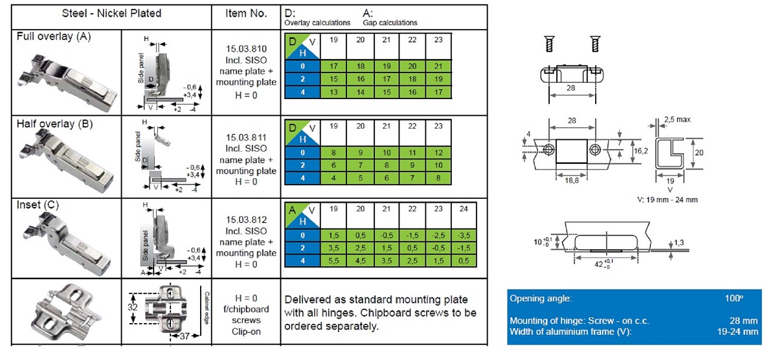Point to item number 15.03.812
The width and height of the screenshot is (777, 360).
[246, 219]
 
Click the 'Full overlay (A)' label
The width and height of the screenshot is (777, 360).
[53, 36]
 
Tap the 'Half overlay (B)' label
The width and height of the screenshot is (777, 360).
[54, 124]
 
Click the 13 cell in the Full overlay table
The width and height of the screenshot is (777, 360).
[334, 92]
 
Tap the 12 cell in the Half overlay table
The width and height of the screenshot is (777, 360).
[438, 153]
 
